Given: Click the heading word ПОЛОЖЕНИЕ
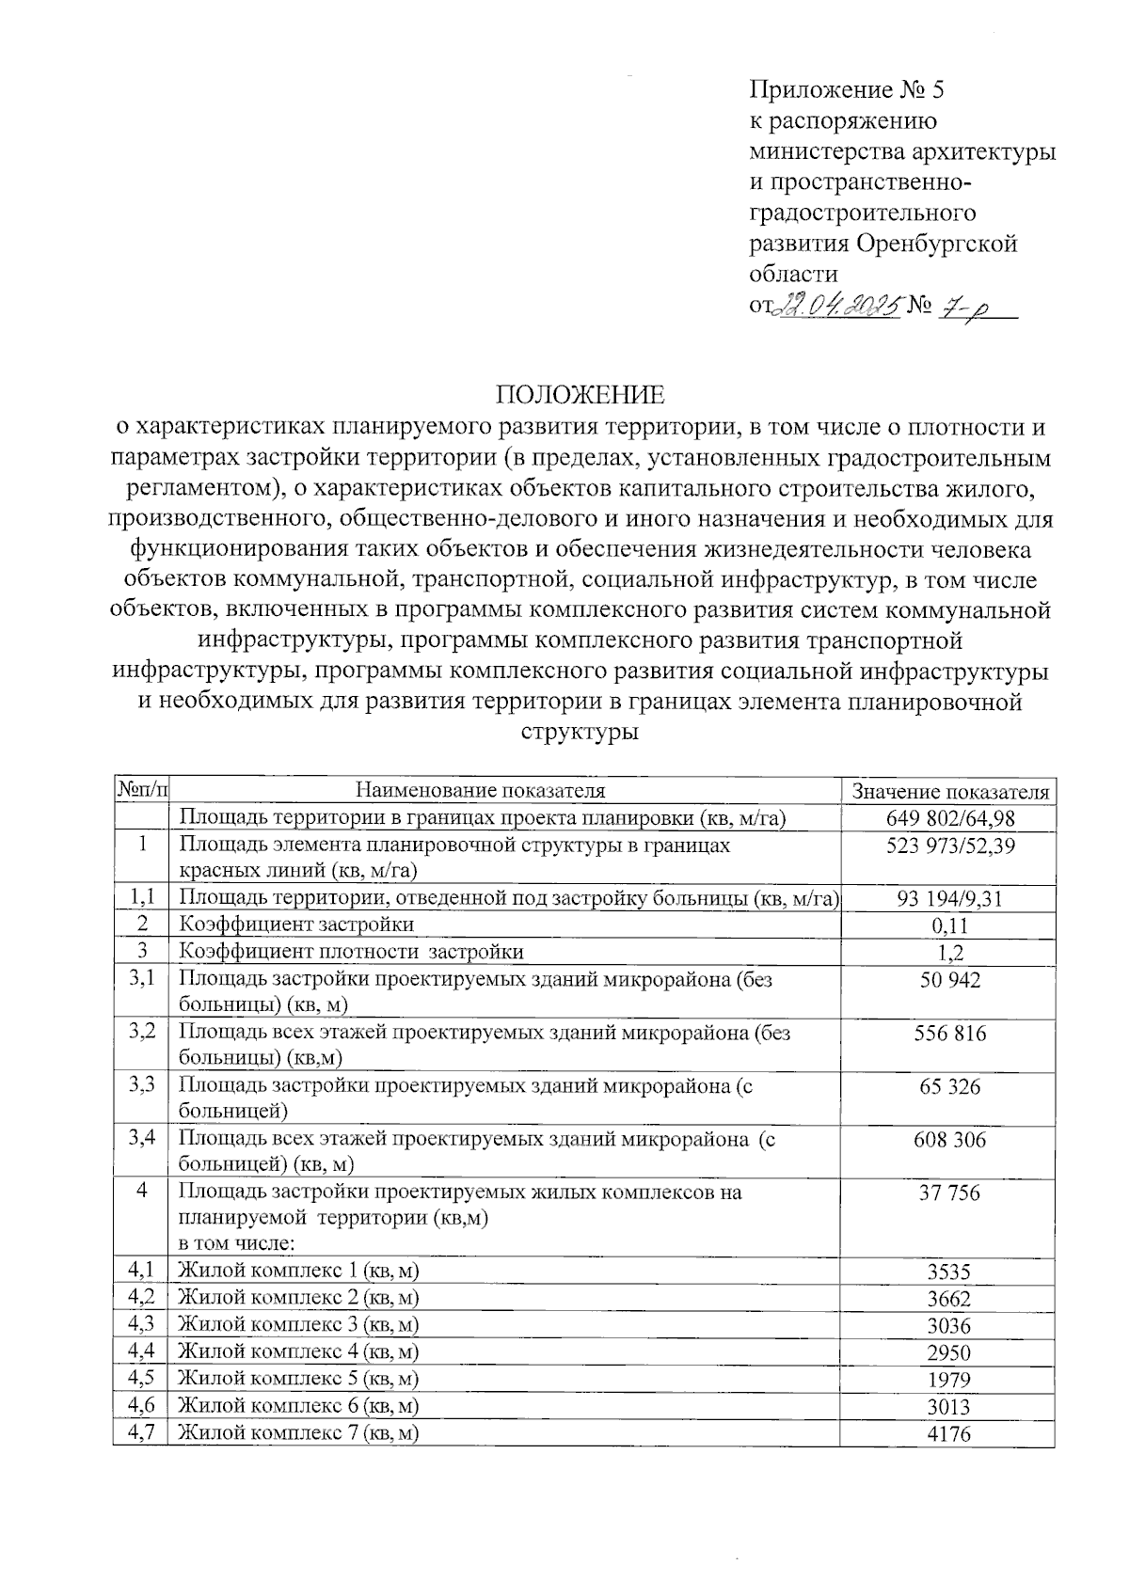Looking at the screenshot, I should point(580,395).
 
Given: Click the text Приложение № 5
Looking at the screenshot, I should point(845,90).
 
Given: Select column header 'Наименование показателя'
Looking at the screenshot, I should point(481,791).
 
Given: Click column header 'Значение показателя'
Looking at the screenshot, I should point(949,792).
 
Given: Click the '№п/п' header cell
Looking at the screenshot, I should point(140,790).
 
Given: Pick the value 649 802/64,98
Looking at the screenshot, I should point(949,818).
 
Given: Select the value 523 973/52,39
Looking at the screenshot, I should point(949,845).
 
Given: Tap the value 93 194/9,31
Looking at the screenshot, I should point(949,898).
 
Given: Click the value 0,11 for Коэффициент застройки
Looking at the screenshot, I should point(949,925).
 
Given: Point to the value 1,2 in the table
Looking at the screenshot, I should point(949,953).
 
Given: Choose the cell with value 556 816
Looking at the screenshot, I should point(949,1034).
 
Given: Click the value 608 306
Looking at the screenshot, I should point(949,1141).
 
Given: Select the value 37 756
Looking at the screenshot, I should point(949,1193).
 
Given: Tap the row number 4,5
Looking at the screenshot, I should point(141,1379).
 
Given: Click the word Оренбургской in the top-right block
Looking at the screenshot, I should point(936,244).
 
